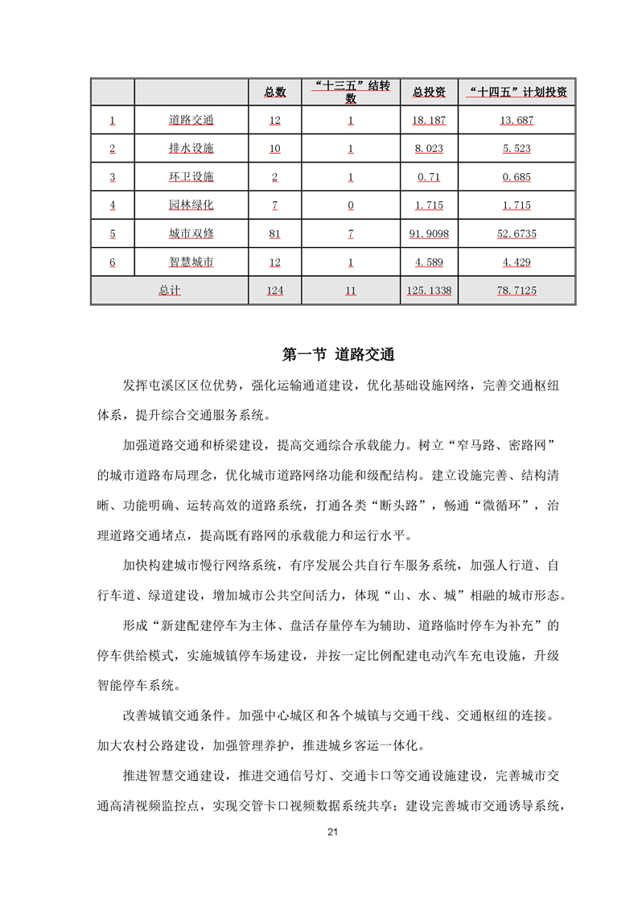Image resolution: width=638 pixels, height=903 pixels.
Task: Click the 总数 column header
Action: tap(275, 93)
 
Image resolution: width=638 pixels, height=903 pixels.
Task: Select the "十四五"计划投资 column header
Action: tap(517, 93)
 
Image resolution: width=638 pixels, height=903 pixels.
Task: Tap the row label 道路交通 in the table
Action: tap(191, 121)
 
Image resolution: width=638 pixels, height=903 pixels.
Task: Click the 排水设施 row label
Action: tap(191, 149)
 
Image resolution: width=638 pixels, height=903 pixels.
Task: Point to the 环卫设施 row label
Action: tap(191, 177)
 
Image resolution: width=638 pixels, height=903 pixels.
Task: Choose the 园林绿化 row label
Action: tap(191, 205)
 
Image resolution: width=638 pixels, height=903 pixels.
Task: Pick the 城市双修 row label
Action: tap(191, 233)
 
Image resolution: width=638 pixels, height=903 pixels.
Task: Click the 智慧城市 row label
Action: tap(191, 262)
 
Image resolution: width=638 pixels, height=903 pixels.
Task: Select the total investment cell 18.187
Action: tap(429, 121)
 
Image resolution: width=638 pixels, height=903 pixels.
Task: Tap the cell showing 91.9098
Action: tap(429, 234)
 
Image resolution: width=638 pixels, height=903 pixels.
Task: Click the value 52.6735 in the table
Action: tap(517, 234)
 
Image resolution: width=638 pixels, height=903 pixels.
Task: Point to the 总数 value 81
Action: tap(275, 234)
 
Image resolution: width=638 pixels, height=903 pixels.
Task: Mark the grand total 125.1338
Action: tap(429, 291)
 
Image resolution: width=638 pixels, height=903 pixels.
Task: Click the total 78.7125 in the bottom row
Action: tap(517, 291)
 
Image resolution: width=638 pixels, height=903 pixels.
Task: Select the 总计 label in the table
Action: tap(169, 291)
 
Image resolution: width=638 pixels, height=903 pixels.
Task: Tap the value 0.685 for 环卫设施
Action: tap(517, 177)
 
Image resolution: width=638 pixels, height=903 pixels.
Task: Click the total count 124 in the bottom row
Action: tap(275, 291)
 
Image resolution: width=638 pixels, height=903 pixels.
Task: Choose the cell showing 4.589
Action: tap(429, 262)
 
